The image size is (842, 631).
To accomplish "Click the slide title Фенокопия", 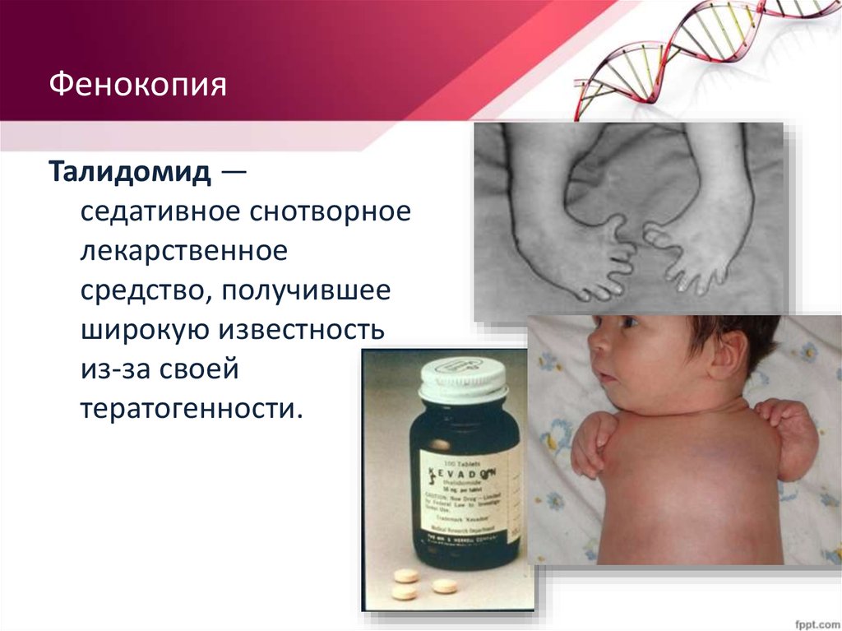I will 138,86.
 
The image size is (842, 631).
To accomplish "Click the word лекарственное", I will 184,252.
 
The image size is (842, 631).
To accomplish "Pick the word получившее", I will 303,291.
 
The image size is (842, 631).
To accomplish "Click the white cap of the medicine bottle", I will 464,379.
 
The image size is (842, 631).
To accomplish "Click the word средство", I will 140,291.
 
